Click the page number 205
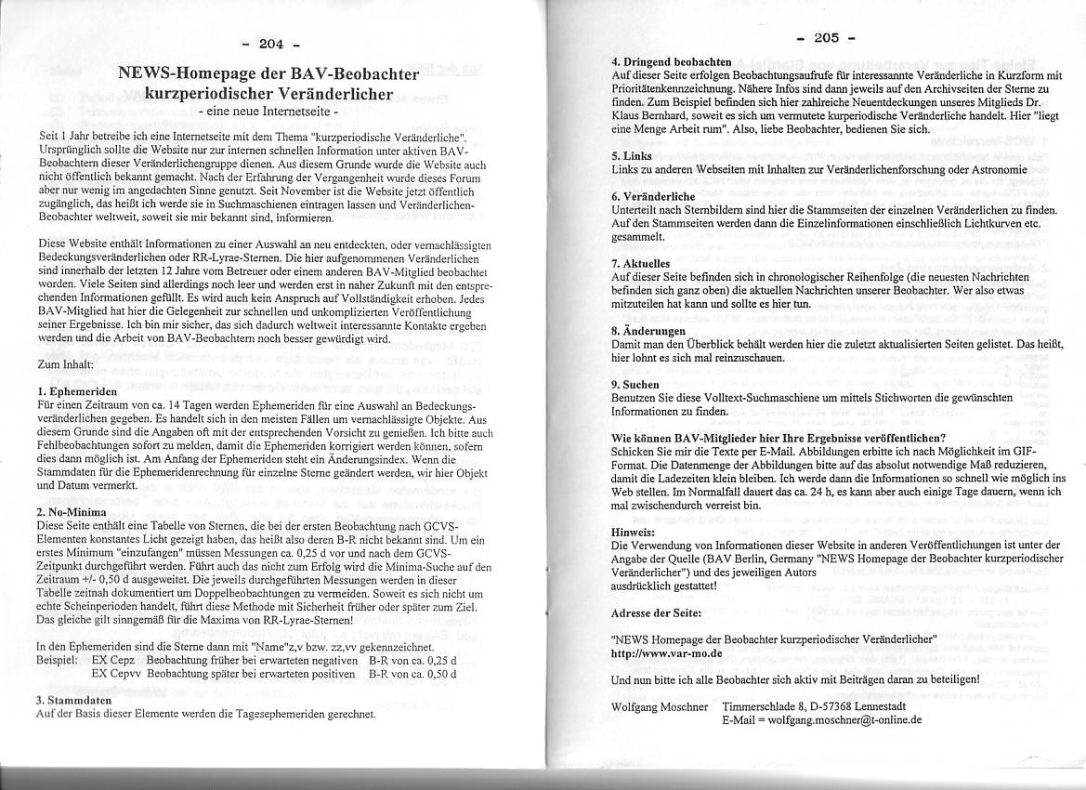[x=826, y=37]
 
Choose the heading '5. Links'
[x=632, y=156]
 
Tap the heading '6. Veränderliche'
[x=653, y=197]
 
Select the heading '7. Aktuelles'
[x=641, y=264]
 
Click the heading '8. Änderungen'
[x=648, y=331]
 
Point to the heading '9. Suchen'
[x=635, y=384]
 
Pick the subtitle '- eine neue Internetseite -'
[x=269, y=112]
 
